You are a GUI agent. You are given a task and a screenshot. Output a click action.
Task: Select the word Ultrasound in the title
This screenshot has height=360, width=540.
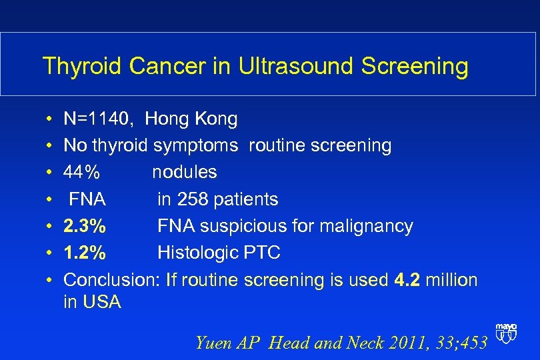(298, 67)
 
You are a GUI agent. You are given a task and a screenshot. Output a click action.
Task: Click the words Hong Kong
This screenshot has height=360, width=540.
(191, 119)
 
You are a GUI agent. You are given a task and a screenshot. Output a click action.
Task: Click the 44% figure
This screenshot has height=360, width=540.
(82, 173)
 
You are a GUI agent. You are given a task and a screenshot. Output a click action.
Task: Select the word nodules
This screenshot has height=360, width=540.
(184, 173)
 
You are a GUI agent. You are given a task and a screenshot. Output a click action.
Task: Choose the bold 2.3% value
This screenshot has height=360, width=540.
(85, 227)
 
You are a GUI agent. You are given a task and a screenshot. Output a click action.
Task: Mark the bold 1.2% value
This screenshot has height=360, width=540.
(85, 253)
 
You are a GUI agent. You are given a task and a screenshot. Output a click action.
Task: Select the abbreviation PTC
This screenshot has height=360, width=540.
(263, 253)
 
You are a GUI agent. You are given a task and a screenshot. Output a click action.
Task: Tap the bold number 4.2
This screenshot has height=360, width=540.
(407, 280)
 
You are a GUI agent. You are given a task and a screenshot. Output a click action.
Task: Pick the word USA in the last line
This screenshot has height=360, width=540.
(101, 302)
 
